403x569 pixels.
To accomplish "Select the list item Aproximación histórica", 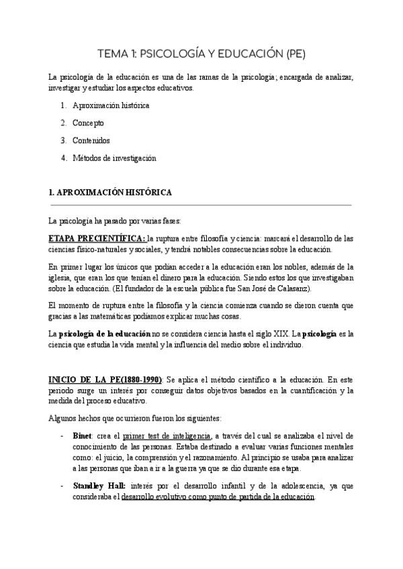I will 111,105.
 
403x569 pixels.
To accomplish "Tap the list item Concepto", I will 88,123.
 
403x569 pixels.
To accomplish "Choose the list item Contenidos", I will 91,141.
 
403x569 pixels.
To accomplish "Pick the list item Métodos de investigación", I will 114,158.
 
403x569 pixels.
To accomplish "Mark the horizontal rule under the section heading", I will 201,205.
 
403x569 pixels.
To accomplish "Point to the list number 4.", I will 62,158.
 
